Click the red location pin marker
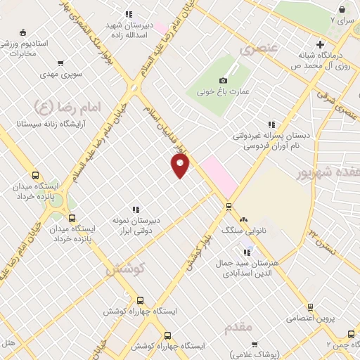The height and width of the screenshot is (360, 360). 181,165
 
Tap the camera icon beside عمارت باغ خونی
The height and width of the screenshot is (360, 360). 224,80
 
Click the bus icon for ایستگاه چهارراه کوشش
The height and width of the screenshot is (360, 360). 140,300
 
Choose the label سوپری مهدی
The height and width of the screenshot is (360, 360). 61,73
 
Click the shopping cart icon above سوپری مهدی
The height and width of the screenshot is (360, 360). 60,63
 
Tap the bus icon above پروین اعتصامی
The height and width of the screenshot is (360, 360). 310,307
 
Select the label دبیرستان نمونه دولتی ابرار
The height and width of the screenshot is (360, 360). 137,225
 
